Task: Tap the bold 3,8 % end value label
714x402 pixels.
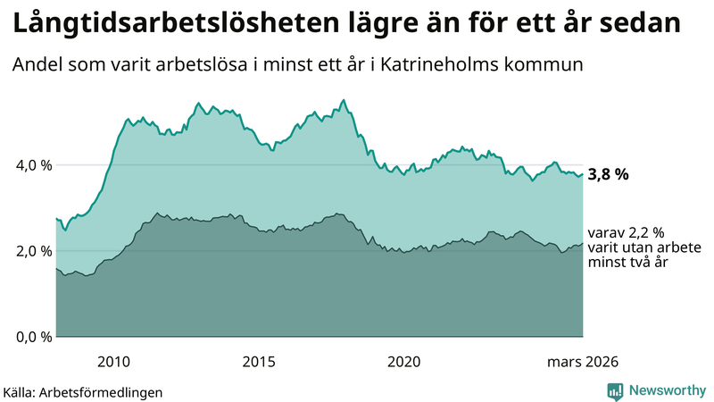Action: tap(609, 175)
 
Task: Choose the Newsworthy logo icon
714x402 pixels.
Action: tap(615, 390)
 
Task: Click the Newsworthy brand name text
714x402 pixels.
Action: tap(666, 390)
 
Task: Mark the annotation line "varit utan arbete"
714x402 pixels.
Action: tap(643, 247)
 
